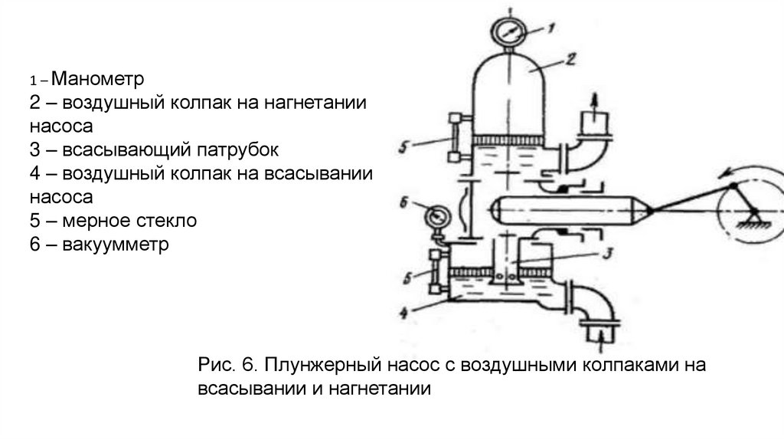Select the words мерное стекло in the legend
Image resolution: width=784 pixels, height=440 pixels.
coord(125,221)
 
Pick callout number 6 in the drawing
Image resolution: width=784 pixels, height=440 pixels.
coord(403,204)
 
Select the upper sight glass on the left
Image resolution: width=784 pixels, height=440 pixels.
coord(452,138)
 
